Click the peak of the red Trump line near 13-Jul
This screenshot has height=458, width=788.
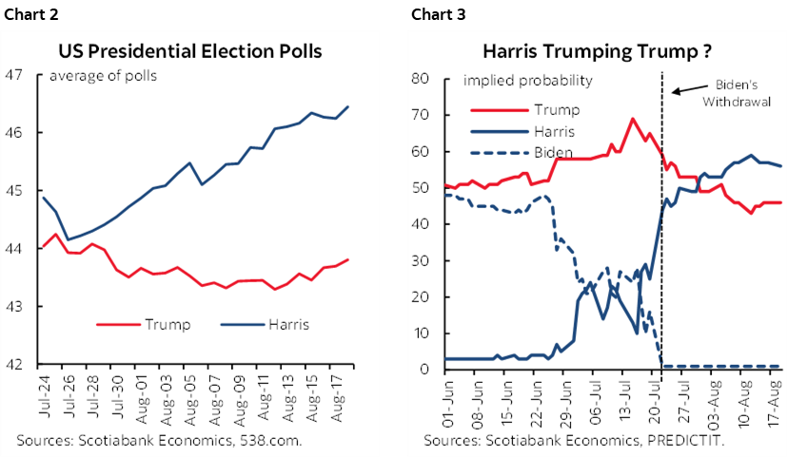(x=632, y=119)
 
